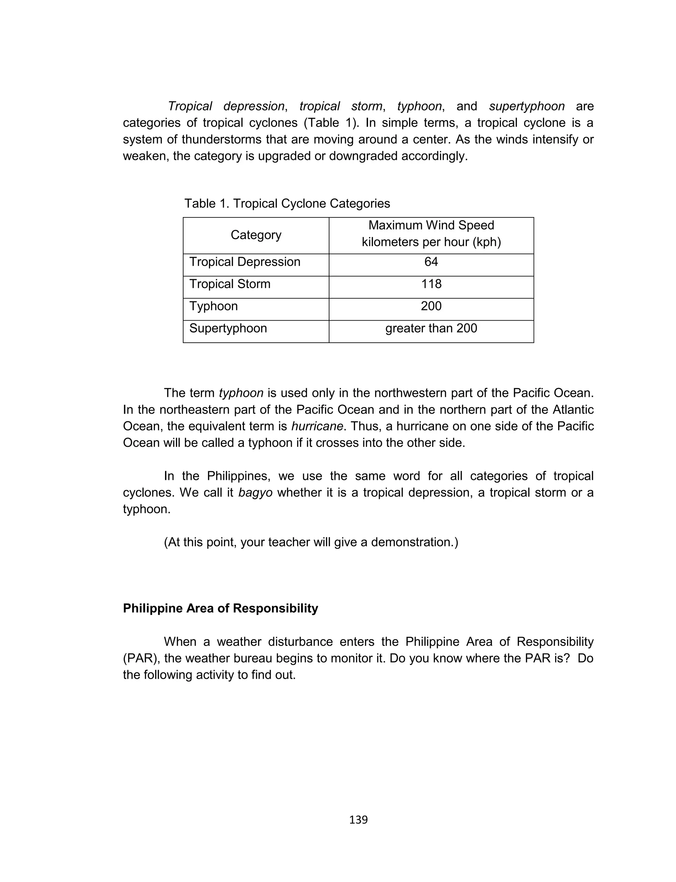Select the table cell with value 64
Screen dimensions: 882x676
pyautogui.click(x=431, y=262)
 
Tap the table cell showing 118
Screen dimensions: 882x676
pyautogui.click(x=431, y=284)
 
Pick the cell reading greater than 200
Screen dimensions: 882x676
pyautogui.click(x=431, y=328)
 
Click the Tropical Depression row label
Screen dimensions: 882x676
pyautogui.click(x=245, y=262)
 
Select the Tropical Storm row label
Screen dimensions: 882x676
pyautogui.click(x=230, y=284)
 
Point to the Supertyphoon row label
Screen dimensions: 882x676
pyautogui.click(x=228, y=328)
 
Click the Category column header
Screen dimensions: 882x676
pyautogui.click(x=256, y=235)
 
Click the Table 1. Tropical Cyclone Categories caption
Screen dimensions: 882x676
pyautogui.click(x=287, y=203)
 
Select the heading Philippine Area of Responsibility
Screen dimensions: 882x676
pyautogui.click(x=220, y=608)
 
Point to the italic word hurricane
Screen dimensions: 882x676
pyautogui.click(x=317, y=426)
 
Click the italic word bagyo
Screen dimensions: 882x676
pyautogui.click(x=255, y=492)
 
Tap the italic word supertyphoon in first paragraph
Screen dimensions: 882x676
pyautogui.click(x=527, y=106)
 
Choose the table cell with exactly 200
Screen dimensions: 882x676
pyautogui.click(x=431, y=306)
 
